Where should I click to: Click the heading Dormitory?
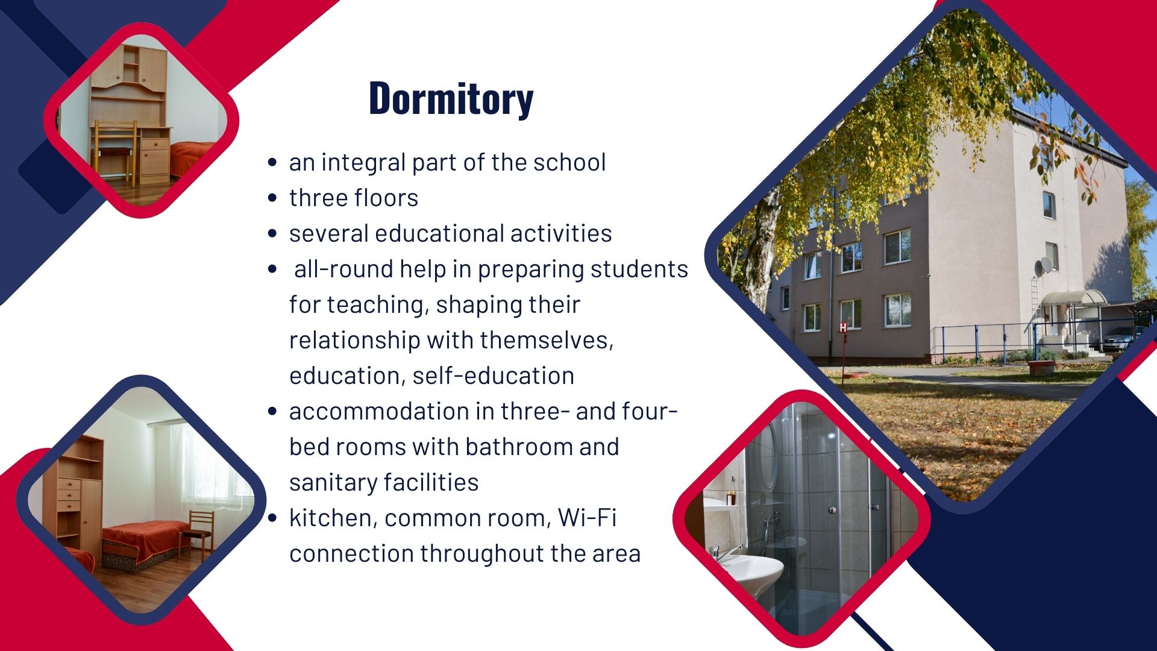[x=451, y=98]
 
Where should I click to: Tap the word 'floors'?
[x=386, y=198]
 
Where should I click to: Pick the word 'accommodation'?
[x=379, y=411]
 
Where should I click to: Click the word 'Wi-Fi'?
[x=587, y=518]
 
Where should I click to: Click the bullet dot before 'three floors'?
[x=272, y=198]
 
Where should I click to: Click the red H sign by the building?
[x=844, y=327]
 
